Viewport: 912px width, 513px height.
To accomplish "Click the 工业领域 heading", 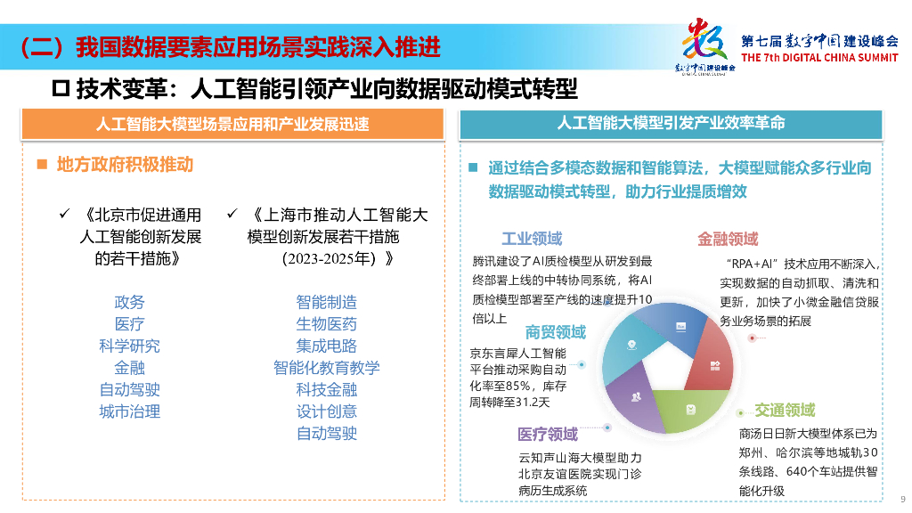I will point(532,239).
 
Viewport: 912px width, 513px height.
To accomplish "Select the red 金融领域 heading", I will point(728,239).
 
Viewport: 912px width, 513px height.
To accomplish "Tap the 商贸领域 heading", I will point(556,332).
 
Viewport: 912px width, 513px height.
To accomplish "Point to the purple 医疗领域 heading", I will point(548,434).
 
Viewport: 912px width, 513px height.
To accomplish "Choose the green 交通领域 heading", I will point(785,410).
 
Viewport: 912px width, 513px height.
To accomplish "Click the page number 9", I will point(902,499).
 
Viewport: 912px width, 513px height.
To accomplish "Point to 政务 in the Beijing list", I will point(129,303).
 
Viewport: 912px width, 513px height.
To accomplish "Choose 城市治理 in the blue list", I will point(129,411).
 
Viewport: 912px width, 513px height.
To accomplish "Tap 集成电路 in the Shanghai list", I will point(326,346).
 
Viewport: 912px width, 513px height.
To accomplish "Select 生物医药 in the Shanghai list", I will point(326,324).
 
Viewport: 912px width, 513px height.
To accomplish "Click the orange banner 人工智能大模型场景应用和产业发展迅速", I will point(232,124).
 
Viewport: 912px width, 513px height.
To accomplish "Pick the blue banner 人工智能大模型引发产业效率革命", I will point(671,123).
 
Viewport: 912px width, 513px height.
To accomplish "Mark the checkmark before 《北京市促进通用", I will point(63,214).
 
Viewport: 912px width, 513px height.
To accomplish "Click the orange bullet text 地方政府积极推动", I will point(125,165).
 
